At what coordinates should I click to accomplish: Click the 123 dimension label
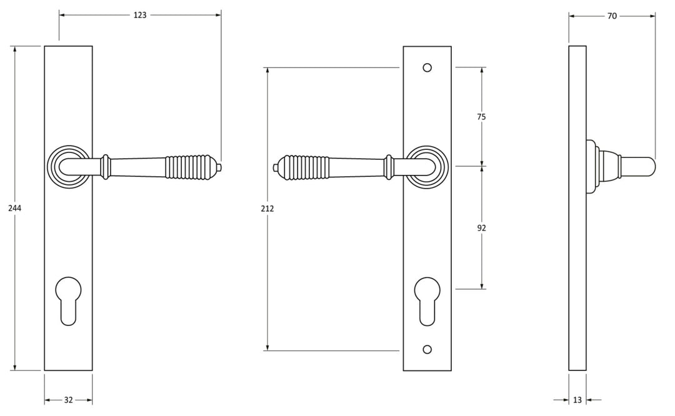(x=140, y=14)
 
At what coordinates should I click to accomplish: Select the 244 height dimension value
(x=15, y=209)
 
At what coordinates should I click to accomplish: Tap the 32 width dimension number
(x=69, y=400)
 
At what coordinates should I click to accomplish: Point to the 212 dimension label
(x=267, y=209)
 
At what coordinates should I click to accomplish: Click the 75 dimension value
(x=481, y=117)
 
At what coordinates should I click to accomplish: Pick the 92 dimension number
(x=481, y=228)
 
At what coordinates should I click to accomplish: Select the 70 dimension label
(x=612, y=16)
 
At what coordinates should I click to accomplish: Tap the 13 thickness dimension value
(x=577, y=400)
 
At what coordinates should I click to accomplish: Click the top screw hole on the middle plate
(x=427, y=67)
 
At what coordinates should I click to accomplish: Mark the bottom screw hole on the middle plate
(x=427, y=350)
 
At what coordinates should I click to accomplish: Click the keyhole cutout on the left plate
(x=68, y=300)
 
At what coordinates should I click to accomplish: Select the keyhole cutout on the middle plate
(x=427, y=300)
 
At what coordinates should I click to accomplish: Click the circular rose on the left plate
(x=67, y=166)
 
